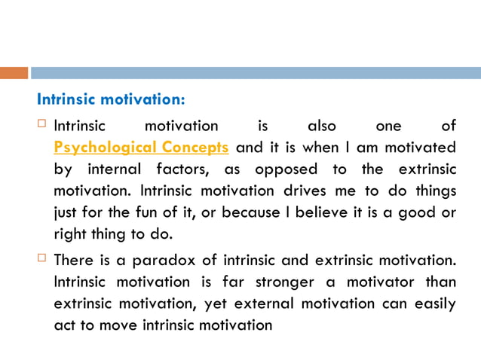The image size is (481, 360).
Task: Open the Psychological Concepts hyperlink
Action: [x=141, y=147]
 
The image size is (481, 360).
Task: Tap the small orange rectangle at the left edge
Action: [x=14, y=73]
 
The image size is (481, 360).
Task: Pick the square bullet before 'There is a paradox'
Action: [x=42, y=260]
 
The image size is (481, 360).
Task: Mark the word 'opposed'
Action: [x=286, y=169]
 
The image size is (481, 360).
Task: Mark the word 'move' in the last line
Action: [x=133, y=327]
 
